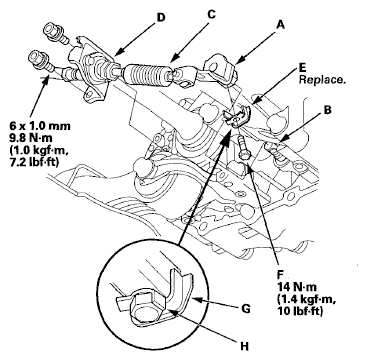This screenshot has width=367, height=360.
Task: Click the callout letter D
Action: pyautogui.click(x=160, y=17)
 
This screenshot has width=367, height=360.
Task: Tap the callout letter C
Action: pyautogui.click(x=211, y=15)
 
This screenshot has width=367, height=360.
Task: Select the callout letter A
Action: pyautogui.click(x=281, y=24)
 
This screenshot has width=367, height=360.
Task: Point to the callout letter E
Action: pyautogui.click(x=302, y=69)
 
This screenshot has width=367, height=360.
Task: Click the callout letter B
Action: pyautogui.click(x=328, y=110)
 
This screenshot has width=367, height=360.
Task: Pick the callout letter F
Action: pyautogui.click(x=280, y=274)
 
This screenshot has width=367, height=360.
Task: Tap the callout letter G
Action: pyautogui.click(x=245, y=309)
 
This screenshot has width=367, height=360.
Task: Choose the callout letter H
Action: pyautogui.click(x=245, y=346)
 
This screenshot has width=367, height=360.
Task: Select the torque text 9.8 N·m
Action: pyautogui.click(x=31, y=136)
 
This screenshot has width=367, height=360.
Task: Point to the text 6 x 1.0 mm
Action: pyautogui.click(x=40, y=126)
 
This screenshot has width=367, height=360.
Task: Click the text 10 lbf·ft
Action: pyautogui.click(x=300, y=312)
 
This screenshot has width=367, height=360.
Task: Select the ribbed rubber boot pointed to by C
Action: pyautogui.click(x=146, y=74)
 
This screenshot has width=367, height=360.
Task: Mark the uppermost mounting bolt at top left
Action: pyautogui.click(x=55, y=32)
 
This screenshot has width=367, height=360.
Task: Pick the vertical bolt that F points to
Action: pyautogui.click(x=243, y=148)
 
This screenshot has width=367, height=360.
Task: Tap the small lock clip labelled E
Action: pyautogui.click(x=238, y=117)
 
